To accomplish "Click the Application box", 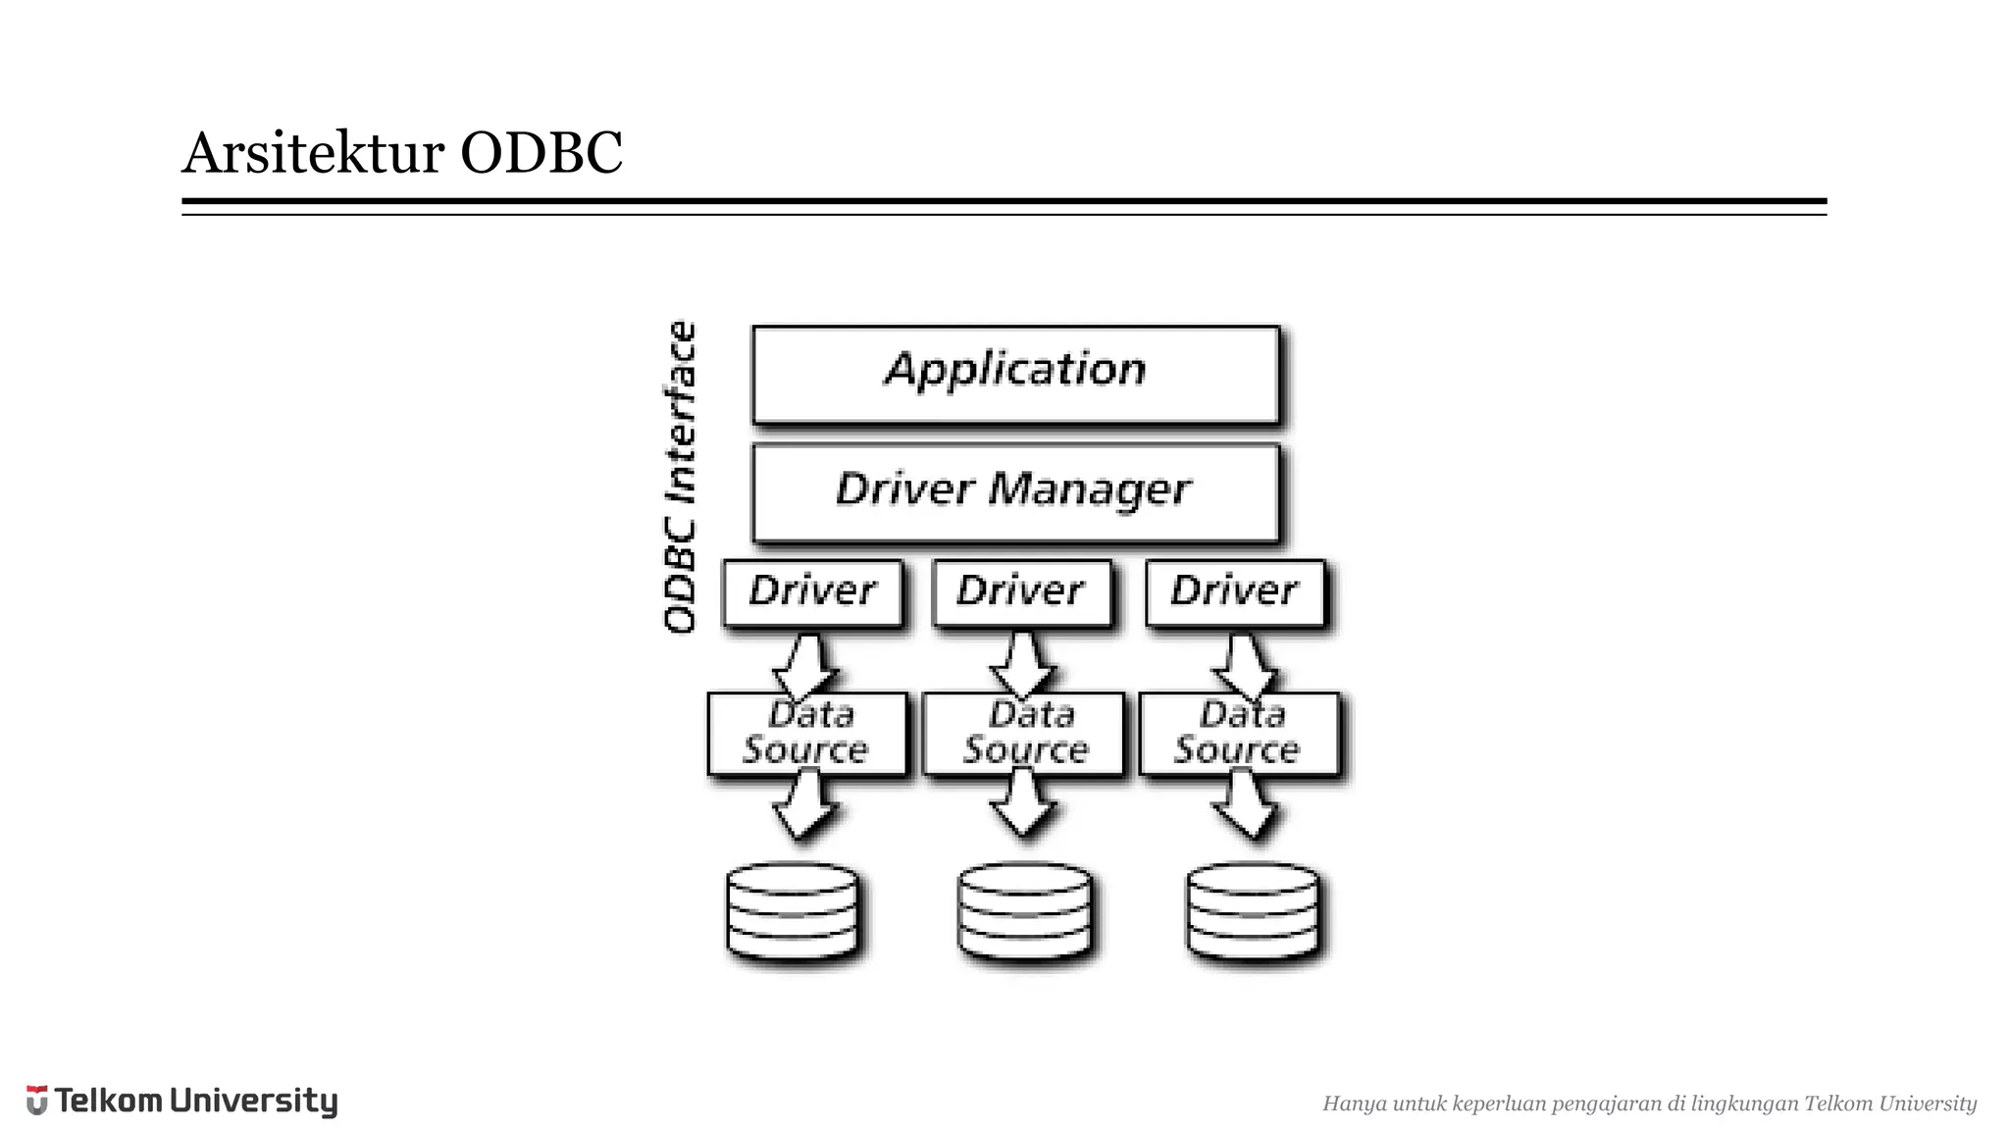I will (x=1015, y=375).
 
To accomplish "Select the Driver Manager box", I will (x=1015, y=492).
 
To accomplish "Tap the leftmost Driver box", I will (x=812, y=592).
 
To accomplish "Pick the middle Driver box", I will (x=1021, y=592).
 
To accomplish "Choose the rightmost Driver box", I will (x=1234, y=592).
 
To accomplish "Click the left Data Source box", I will (x=806, y=735).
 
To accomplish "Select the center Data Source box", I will (x=1023, y=735).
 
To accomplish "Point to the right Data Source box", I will (x=1238, y=735).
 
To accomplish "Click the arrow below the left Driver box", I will (x=805, y=664).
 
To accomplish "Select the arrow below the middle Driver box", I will (x=1022, y=664).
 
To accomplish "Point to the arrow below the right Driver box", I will (x=1244, y=664).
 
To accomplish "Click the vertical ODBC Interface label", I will (x=680, y=477).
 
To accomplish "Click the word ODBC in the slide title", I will (x=541, y=153).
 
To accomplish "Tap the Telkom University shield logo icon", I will (x=36, y=1101).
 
